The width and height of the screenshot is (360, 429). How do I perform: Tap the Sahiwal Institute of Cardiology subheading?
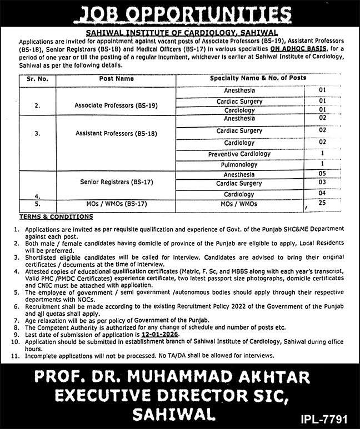click(179, 33)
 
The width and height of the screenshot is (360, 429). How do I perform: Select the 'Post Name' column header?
click(117, 79)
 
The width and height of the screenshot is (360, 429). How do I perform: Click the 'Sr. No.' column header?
click(38, 79)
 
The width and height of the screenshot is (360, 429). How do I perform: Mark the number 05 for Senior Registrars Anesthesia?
click(322, 174)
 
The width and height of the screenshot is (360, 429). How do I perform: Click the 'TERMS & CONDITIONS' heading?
click(57, 216)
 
